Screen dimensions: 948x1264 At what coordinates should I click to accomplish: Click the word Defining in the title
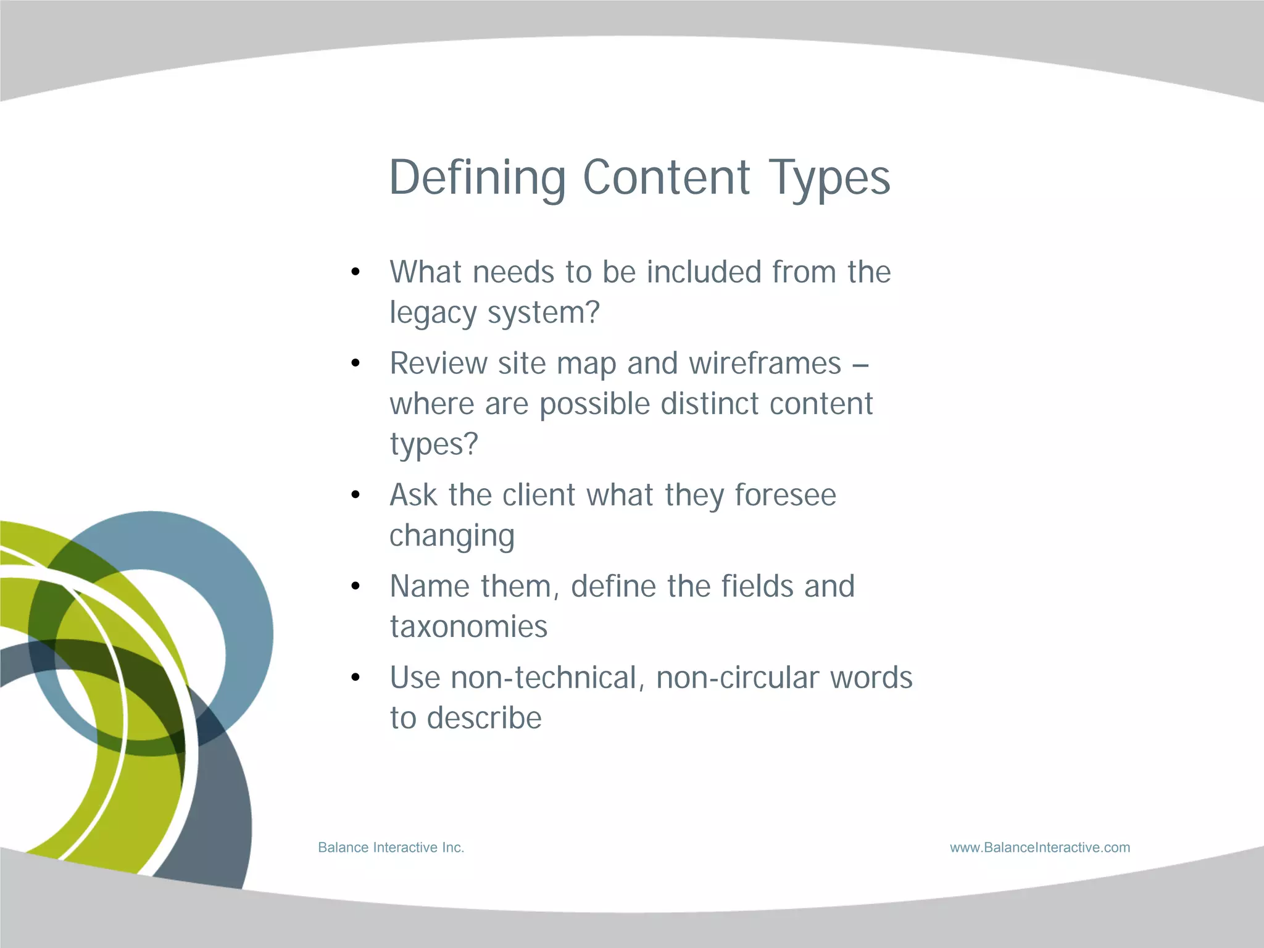click(477, 178)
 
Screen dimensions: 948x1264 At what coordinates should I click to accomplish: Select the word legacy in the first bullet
click(433, 314)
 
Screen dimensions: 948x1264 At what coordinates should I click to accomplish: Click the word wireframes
click(765, 364)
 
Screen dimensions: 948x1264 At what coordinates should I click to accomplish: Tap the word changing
click(452, 536)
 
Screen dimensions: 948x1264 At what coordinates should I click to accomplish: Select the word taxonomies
click(468, 627)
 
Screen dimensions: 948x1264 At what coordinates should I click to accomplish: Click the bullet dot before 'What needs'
click(355, 272)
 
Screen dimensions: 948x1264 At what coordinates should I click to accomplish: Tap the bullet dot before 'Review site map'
click(355, 364)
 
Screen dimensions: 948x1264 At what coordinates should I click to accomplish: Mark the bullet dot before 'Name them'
click(355, 586)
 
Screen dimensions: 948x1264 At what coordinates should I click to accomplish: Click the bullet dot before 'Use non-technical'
click(355, 678)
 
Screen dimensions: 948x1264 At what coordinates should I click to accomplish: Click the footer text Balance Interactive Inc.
click(391, 848)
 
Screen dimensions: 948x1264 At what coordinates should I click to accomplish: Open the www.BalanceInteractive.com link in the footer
click(1040, 848)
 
